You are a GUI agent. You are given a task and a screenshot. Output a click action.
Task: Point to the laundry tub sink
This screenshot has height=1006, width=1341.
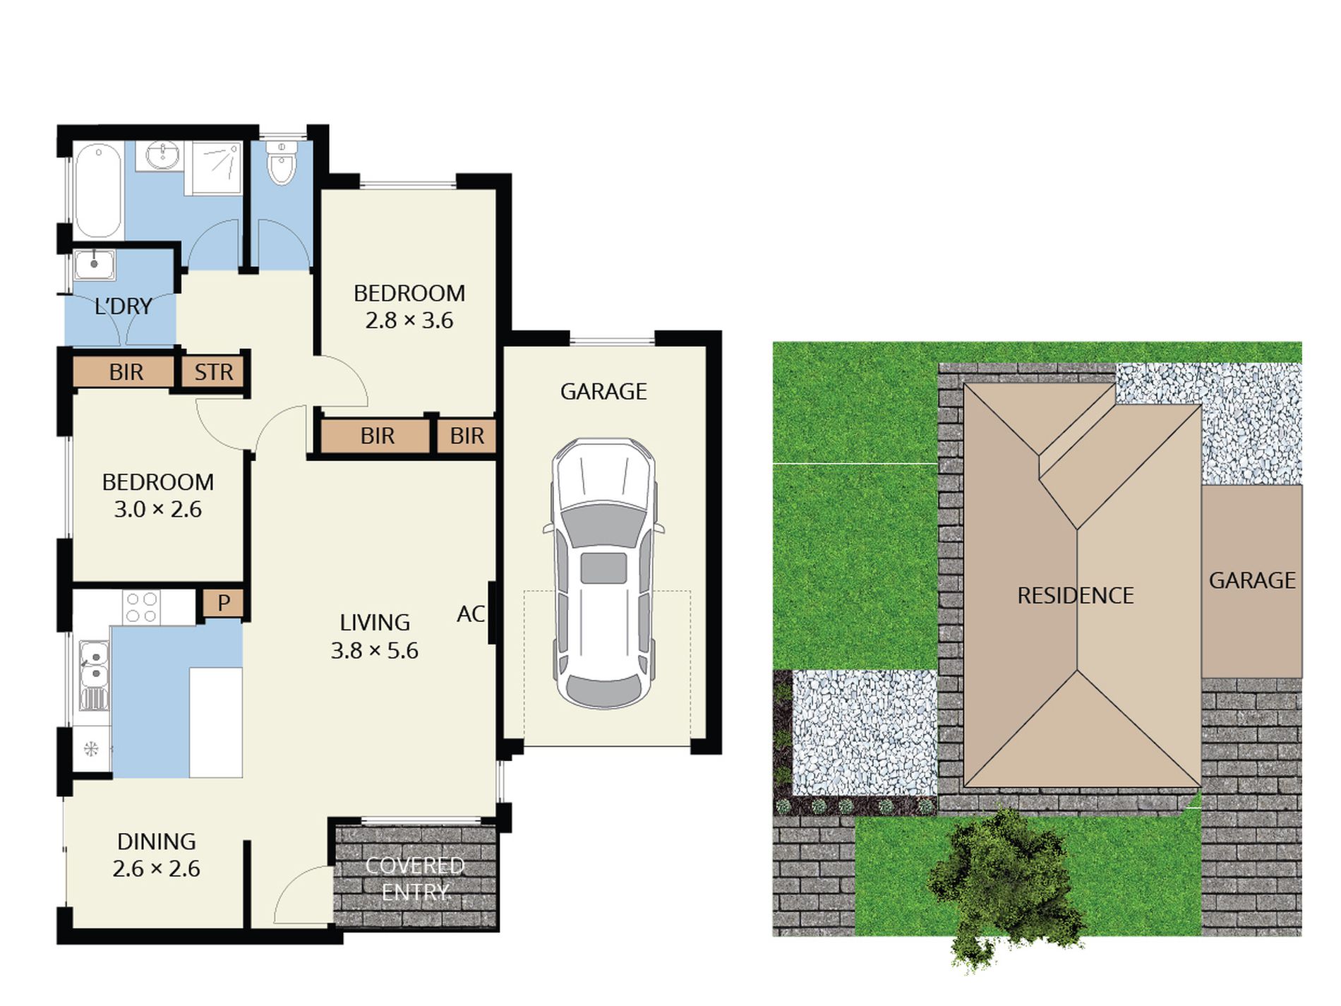[x=95, y=264]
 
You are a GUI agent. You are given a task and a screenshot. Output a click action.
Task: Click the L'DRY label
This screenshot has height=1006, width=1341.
[x=124, y=306]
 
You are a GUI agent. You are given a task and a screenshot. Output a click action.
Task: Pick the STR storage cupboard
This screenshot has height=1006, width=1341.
[x=213, y=372]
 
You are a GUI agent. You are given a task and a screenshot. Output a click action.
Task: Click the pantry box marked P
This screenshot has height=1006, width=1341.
[x=224, y=603]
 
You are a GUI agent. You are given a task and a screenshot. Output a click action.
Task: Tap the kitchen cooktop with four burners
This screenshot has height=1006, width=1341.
[x=140, y=607]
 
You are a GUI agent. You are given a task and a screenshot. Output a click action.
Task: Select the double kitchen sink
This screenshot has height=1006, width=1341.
[x=93, y=666]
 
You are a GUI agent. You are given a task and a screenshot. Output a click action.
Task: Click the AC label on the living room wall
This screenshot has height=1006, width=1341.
[x=471, y=614]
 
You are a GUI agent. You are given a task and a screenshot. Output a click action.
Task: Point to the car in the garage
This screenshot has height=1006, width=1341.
[x=603, y=572]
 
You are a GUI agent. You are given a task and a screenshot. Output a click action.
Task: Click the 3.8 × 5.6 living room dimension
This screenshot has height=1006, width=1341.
[x=375, y=650]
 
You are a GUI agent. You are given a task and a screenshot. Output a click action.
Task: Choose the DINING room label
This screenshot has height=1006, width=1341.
[x=157, y=842]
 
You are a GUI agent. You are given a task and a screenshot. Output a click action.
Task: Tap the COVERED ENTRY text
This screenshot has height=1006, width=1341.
[x=415, y=879]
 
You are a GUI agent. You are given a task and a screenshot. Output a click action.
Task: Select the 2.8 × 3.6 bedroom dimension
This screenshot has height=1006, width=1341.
[x=409, y=321]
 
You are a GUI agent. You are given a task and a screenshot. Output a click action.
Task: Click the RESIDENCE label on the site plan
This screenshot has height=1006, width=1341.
[x=1075, y=596]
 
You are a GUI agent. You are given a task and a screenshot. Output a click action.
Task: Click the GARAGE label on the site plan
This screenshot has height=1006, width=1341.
[x=1252, y=580]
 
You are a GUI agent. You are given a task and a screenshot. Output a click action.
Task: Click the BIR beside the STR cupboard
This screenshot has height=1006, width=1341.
[x=126, y=372]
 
